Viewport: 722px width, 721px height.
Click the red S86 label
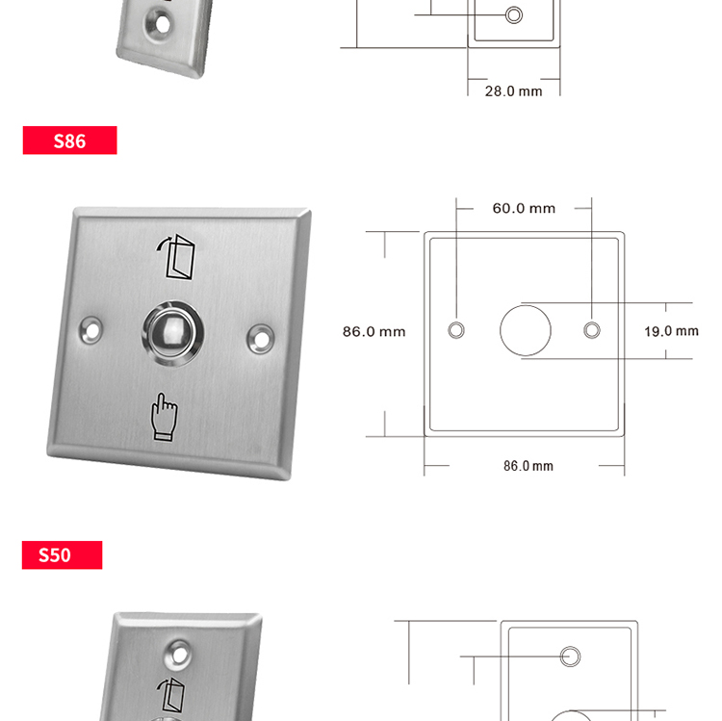point(69,141)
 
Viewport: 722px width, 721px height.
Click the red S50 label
point(63,554)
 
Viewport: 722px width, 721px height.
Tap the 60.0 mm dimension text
point(524,209)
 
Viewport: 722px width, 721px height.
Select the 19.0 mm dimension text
point(671,331)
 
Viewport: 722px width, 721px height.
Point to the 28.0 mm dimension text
point(513,91)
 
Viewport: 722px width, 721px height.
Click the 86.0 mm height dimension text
point(374,331)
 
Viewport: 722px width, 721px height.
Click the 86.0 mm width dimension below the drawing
point(529,466)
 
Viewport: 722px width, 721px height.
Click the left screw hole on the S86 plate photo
point(91,329)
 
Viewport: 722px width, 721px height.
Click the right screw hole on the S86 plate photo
point(261,339)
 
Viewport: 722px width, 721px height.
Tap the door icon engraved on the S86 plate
point(176,257)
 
